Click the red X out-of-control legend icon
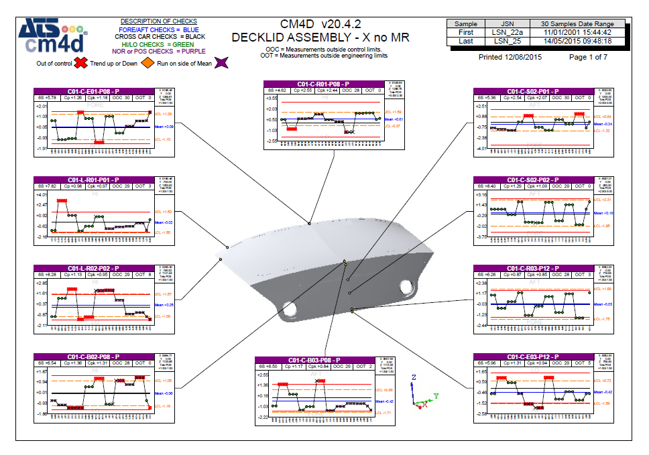pyautogui.click(x=80, y=63)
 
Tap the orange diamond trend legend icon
pyautogui.click(x=145, y=63)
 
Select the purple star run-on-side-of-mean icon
pyautogui.click(x=222, y=63)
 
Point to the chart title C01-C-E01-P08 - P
pyautogui.click(x=94, y=91)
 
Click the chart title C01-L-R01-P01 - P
pyautogui.click(x=94, y=180)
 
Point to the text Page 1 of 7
pyautogui.click(x=588, y=57)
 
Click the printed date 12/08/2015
pyautogui.click(x=510, y=57)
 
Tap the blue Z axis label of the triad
pyautogui.click(x=414, y=378)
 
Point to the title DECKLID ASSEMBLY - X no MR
pyautogui.click(x=320, y=38)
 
